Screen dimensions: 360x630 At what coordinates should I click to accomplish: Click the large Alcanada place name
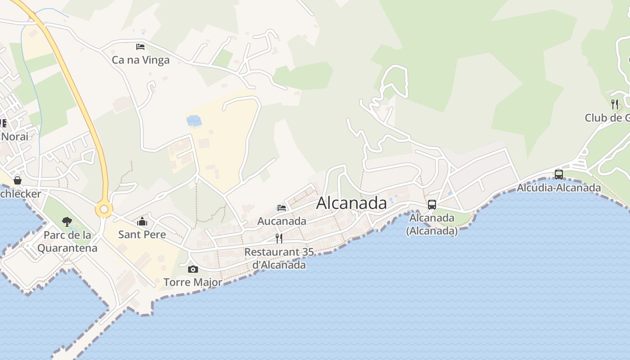pos(351,203)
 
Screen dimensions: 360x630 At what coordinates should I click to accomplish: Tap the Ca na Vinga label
pos(140,60)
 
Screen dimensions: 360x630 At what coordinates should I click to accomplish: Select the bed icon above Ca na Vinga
pos(140,46)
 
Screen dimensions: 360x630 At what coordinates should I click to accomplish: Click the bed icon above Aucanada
pos(282,208)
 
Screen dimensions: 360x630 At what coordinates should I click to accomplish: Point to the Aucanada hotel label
pos(282,221)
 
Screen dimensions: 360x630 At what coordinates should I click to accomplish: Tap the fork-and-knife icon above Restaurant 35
pos(279,238)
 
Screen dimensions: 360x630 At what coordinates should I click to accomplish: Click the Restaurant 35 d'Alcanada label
pos(279,258)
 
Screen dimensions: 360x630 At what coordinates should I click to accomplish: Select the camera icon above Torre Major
pos(193,269)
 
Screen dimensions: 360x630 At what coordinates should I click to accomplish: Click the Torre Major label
pos(193,282)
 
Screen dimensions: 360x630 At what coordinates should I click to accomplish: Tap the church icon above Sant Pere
pos(142,221)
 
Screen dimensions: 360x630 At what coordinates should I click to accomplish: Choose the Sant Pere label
pos(142,234)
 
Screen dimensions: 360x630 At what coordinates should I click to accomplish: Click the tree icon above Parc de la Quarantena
pos(67,221)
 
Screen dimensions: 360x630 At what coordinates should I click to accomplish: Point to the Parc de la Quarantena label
pos(67,241)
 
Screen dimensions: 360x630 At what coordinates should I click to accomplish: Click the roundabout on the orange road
pos(104,209)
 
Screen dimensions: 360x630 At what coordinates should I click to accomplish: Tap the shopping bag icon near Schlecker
pos(18,180)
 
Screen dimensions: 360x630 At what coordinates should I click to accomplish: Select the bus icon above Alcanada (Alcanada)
pos(432,205)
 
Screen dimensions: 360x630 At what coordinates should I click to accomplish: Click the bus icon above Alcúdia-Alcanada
pos(558,174)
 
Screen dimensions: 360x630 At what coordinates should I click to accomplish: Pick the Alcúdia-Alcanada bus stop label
pos(558,188)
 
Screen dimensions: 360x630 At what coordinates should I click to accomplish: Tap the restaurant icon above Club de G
pos(615,104)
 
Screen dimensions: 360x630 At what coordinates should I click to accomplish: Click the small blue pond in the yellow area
pos(194,121)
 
